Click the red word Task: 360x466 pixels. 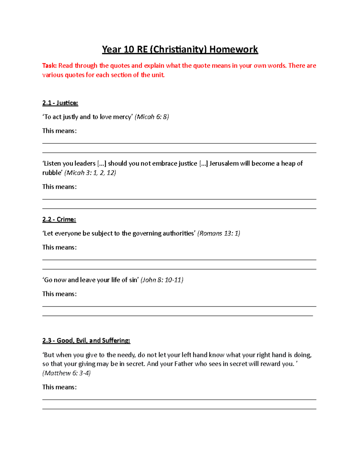coord(49,66)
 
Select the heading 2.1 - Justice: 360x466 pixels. coord(60,103)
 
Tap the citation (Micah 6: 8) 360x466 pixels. coord(152,117)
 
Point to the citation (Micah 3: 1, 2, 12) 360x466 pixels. coord(90,173)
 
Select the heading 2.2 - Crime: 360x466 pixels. coord(59,219)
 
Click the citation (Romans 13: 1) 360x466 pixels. coord(218,233)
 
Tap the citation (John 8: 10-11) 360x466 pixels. coord(162,280)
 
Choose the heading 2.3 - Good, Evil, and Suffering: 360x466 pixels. coord(86,341)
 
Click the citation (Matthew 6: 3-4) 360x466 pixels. coord(67,373)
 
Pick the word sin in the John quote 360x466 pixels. coord(133,280)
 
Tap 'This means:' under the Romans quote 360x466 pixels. coord(59,247)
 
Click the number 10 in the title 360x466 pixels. coord(128,49)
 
